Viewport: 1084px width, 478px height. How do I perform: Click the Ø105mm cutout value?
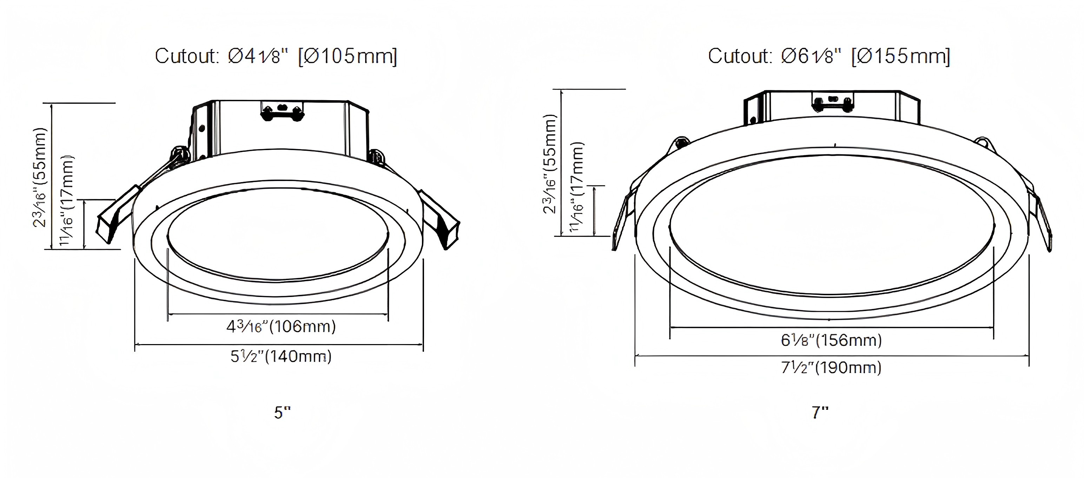click(348, 57)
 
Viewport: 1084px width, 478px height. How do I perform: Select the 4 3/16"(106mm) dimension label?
click(281, 327)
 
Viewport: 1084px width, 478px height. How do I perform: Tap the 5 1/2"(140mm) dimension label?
click(281, 357)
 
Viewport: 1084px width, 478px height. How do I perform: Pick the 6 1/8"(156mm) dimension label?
click(831, 340)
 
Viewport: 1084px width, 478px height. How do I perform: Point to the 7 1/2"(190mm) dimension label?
click(831, 368)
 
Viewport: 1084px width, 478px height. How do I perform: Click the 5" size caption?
click(282, 413)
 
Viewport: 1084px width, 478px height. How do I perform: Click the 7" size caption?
click(820, 413)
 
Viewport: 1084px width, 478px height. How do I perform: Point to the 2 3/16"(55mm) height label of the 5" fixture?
click(40, 177)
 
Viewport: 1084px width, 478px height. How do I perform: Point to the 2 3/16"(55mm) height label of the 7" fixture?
click(550, 164)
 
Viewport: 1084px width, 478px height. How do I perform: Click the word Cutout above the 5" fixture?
click(186, 57)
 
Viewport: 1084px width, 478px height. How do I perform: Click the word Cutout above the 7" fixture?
click(740, 57)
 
